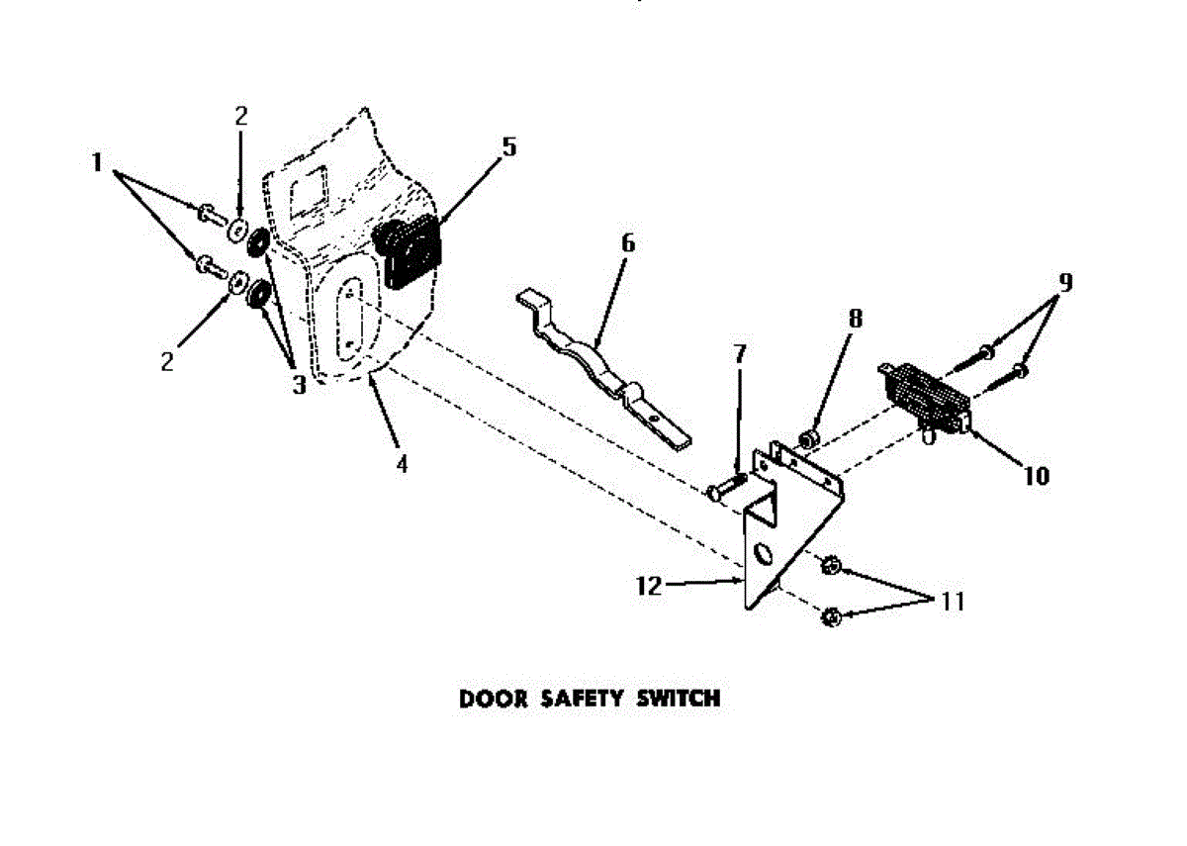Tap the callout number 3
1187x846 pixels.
[299, 384]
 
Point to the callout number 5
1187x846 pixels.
[508, 147]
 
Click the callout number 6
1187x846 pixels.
[629, 242]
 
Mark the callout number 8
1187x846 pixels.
[855, 318]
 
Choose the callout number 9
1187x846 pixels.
[1064, 282]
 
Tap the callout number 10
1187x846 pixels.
[1036, 476]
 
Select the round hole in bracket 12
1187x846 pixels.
[763, 550]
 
